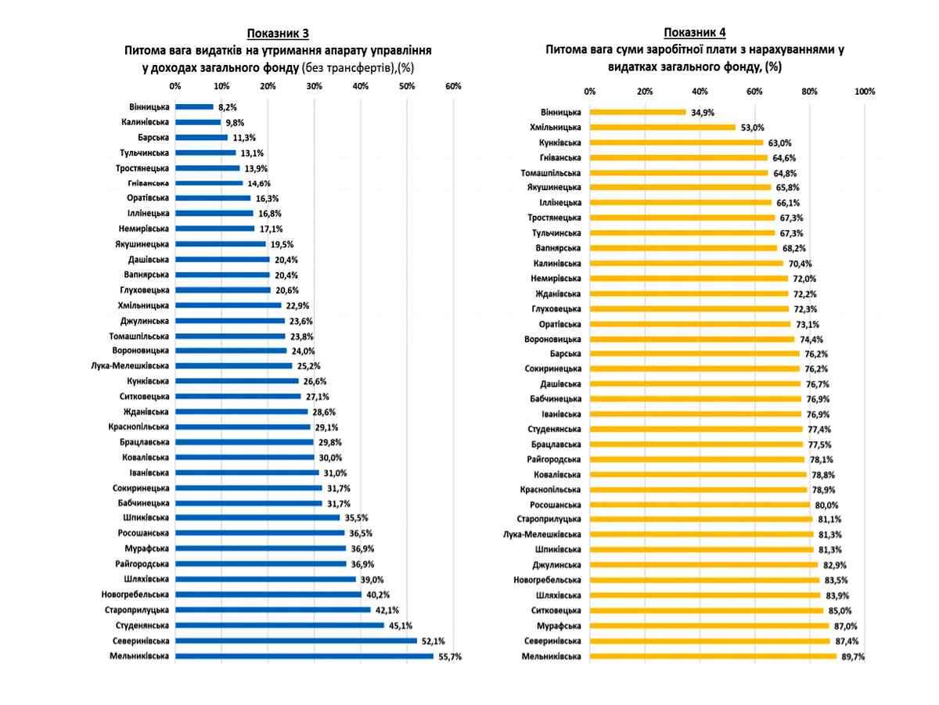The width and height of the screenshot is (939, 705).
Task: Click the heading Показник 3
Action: [x=278, y=33]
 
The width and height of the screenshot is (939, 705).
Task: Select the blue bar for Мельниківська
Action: [x=304, y=656]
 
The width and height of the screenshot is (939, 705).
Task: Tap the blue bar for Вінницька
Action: [x=194, y=106]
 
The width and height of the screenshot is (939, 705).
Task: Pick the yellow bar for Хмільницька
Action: [x=663, y=127]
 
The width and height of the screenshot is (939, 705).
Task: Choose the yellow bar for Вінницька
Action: [x=638, y=112]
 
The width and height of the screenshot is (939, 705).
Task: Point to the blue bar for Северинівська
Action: [x=296, y=640]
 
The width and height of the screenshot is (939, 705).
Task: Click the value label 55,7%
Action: [x=450, y=656]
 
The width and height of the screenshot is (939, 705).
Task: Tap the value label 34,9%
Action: [x=701, y=112]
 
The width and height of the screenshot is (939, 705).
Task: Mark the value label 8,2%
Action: [x=226, y=106]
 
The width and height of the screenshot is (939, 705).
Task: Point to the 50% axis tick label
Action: [x=407, y=86]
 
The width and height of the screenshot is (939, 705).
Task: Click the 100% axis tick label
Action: [x=865, y=92]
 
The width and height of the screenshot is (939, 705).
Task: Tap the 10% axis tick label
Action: [x=221, y=86]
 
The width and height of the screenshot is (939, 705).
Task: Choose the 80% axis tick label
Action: [x=810, y=92]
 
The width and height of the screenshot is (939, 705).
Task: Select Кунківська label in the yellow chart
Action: [x=559, y=142]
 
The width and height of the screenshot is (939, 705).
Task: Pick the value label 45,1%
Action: [x=401, y=625]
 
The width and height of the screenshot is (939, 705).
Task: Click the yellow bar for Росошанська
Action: [x=700, y=505]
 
